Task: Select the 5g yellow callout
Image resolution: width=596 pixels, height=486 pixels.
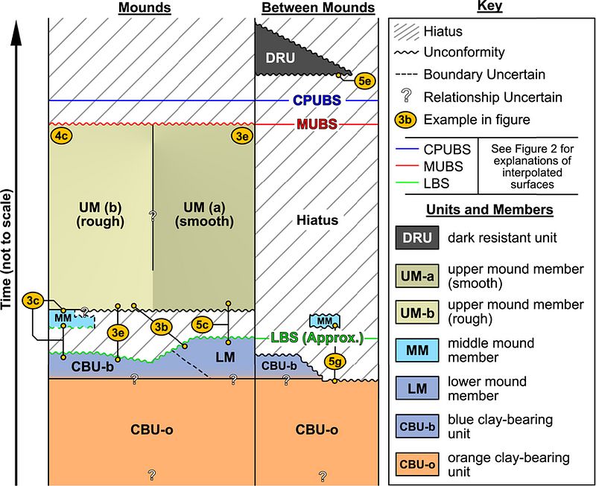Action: coord(335,362)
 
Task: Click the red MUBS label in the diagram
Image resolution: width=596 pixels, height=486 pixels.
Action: coord(317,124)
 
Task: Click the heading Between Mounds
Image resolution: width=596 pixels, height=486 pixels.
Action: coord(318,8)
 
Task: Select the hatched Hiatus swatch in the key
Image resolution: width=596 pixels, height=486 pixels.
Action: coord(405,31)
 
